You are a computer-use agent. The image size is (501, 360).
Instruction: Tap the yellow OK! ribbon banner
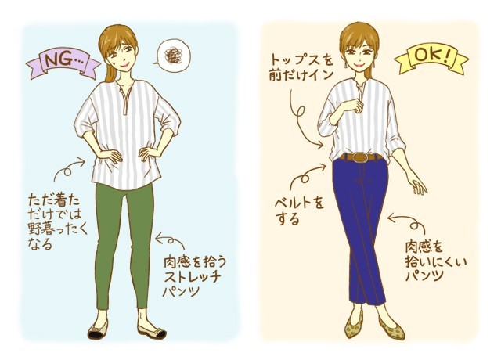[x=432, y=59]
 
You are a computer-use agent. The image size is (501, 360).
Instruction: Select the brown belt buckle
[x=361, y=157]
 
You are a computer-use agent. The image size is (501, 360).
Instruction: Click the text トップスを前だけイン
[x=301, y=68]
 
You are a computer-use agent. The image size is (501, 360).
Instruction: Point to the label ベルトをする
[x=299, y=211]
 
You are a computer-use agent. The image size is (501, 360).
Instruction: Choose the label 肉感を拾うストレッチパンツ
[x=194, y=275]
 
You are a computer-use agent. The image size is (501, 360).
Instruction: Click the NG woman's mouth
[x=124, y=65]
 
